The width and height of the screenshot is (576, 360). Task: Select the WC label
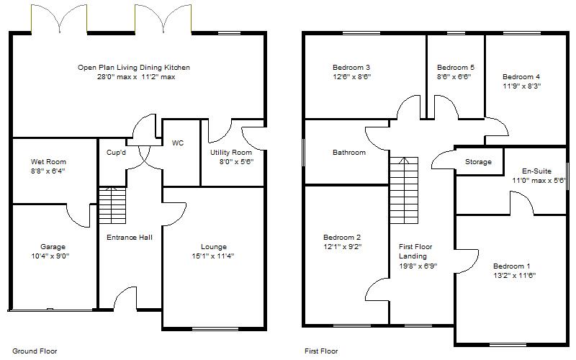pyautogui.click(x=178, y=143)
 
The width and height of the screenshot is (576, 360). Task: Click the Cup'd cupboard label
pyautogui.click(x=116, y=153)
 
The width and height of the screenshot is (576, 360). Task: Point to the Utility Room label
pyautogui.click(x=230, y=153)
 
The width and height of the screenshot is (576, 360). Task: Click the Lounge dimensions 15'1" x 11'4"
pyautogui.click(x=212, y=256)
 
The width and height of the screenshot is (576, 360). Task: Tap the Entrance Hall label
pyautogui.click(x=130, y=237)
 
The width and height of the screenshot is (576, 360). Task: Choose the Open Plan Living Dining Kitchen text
pyautogui.click(x=134, y=68)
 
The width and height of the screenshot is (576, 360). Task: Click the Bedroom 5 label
pyautogui.click(x=454, y=67)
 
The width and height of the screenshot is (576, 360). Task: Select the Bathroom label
pyautogui.click(x=348, y=153)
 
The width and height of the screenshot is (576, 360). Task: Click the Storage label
pyautogui.click(x=478, y=162)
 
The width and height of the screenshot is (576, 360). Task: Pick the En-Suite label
pyautogui.click(x=536, y=171)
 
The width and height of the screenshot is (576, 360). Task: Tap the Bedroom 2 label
pyautogui.click(x=342, y=237)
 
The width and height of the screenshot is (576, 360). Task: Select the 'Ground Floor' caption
pyautogui.click(x=34, y=351)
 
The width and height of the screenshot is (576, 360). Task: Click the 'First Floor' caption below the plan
pyautogui.click(x=321, y=351)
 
